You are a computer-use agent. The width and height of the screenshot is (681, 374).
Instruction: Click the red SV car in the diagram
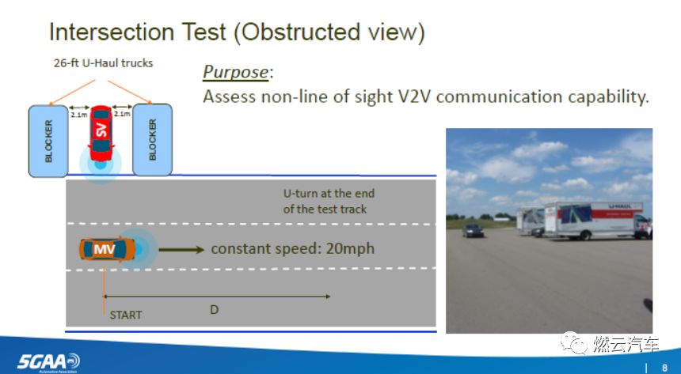click(x=101, y=134)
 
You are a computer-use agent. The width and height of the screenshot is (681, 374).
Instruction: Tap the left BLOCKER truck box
click(x=48, y=140)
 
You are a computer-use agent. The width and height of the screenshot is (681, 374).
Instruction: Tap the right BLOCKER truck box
click(x=153, y=140)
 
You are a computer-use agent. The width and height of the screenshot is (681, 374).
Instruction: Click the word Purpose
click(x=235, y=72)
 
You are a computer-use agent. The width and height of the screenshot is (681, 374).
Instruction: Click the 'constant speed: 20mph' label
click(x=292, y=249)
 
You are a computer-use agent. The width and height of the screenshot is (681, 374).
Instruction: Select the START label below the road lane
click(x=126, y=315)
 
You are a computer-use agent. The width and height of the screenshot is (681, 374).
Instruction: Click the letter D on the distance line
click(x=214, y=310)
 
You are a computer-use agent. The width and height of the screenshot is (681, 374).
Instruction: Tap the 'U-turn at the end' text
click(x=329, y=194)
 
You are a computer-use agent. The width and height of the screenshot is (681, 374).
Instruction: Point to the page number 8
click(x=664, y=367)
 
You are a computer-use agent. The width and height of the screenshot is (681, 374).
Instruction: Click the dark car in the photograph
click(x=473, y=230)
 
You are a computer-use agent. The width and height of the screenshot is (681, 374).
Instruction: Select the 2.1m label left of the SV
click(x=78, y=115)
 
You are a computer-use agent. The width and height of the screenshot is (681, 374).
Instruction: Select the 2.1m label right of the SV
click(x=122, y=115)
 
